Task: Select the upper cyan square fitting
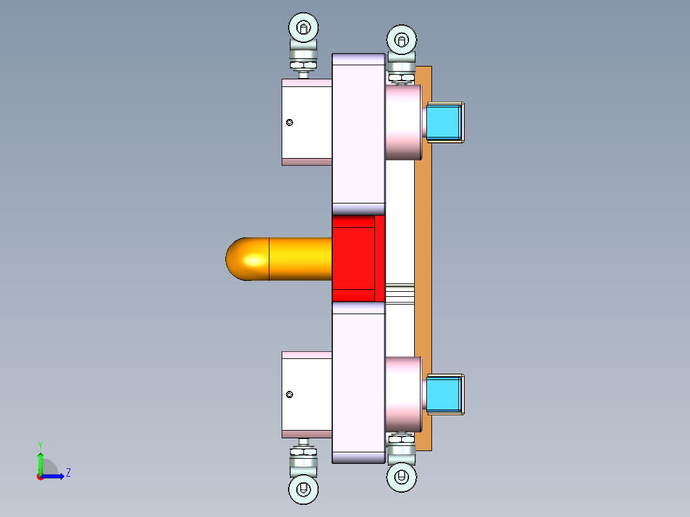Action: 444,122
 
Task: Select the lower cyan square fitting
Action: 444,394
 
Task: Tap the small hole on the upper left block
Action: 290,122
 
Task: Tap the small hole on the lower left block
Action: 290,395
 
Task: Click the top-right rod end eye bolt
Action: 401,40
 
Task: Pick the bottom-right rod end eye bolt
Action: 401,477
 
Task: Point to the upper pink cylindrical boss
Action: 403,122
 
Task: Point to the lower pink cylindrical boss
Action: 403,394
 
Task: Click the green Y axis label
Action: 40,444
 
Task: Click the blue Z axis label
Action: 68,473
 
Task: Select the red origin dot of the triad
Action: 40,477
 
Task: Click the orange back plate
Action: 423,256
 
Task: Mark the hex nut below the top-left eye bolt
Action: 303,63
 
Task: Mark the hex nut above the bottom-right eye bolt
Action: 401,439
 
